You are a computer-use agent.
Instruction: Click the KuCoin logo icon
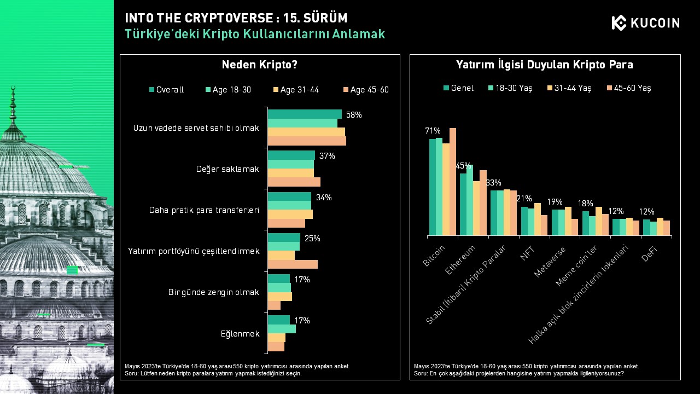[619, 22]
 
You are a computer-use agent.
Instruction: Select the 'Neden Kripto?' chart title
[259, 65]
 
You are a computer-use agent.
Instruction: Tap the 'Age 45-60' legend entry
[366, 90]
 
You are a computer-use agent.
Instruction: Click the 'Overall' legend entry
[167, 90]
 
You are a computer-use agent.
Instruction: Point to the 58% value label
[354, 115]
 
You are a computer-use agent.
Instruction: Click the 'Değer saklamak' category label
[227, 169]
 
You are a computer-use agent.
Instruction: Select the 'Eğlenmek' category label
[240, 334]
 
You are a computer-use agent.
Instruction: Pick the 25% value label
[312, 239]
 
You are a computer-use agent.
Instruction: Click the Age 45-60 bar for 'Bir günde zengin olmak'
[274, 305]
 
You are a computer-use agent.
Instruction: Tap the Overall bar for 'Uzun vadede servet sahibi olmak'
[305, 114]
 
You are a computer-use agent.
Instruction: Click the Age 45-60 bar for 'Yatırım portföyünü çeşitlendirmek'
[293, 264]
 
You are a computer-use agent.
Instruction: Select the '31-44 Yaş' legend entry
[569, 88]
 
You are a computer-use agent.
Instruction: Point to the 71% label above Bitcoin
[433, 131]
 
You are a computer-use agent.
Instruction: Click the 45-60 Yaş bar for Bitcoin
[452, 182]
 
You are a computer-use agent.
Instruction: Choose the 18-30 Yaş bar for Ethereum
[469, 200]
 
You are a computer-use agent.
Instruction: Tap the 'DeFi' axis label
[649, 253]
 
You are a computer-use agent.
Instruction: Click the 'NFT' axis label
[528, 253]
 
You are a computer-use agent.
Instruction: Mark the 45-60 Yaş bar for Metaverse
[574, 227]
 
